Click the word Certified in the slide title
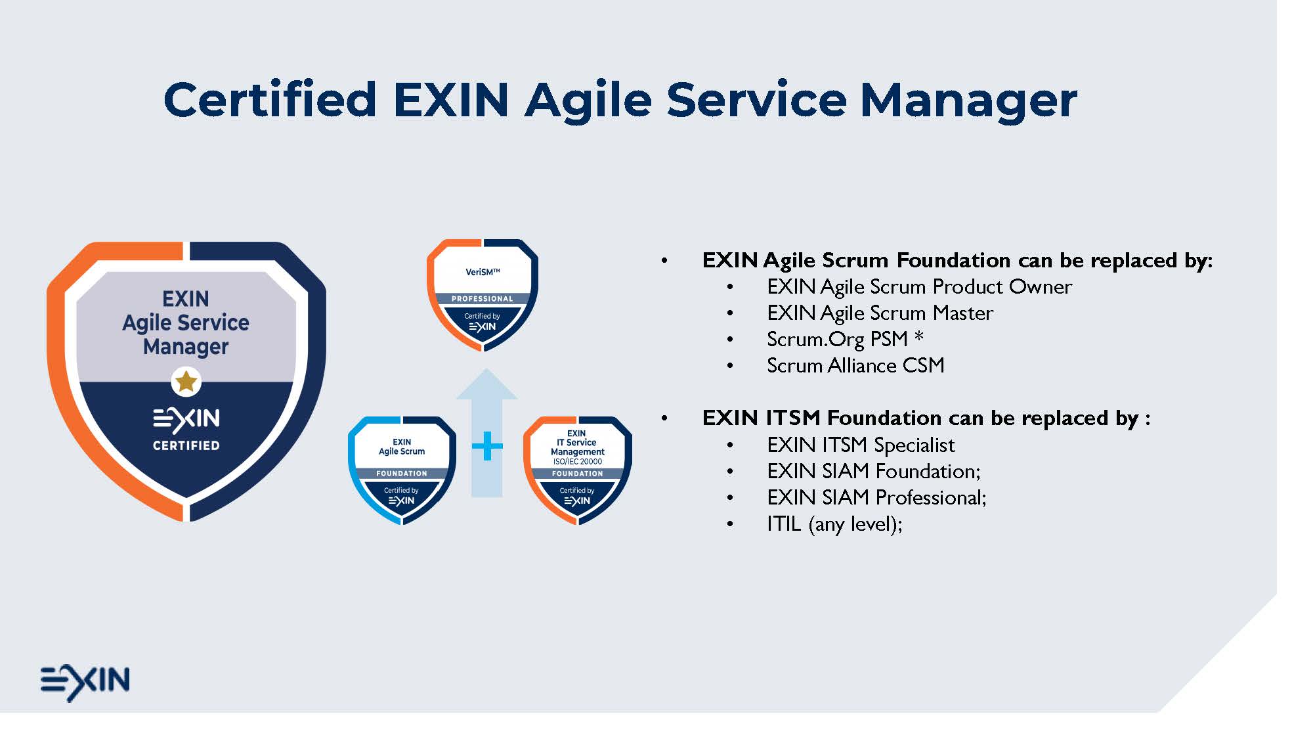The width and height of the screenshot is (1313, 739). coord(270,100)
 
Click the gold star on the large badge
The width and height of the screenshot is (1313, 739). coord(186,381)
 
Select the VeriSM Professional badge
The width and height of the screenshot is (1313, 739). coord(483,294)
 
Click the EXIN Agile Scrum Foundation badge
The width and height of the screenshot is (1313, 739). coord(402,470)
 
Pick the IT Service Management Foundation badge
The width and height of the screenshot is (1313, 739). coord(578,470)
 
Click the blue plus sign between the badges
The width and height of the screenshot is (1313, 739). coord(487,447)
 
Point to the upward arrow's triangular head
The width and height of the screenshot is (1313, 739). coord(486,384)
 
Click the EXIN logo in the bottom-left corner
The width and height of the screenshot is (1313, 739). coord(85,682)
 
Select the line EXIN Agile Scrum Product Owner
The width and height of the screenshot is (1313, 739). coord(919,287)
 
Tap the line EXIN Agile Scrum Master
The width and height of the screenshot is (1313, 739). coord(880,313)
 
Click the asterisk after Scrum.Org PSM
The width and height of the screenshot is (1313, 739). coord(919,336)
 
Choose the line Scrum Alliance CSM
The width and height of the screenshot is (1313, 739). coord(855,365)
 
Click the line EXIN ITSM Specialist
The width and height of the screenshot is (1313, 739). coord(861,445)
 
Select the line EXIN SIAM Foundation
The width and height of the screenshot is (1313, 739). coord(873,472)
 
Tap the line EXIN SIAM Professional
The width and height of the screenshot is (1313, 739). coord(876,498)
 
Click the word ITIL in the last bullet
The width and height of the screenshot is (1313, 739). coord(784,524)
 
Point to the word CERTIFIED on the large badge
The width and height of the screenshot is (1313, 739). coord(186,445)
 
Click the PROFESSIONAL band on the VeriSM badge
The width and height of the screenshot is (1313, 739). coord(483,299)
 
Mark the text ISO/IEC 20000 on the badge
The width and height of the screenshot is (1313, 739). coord(578,462)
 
